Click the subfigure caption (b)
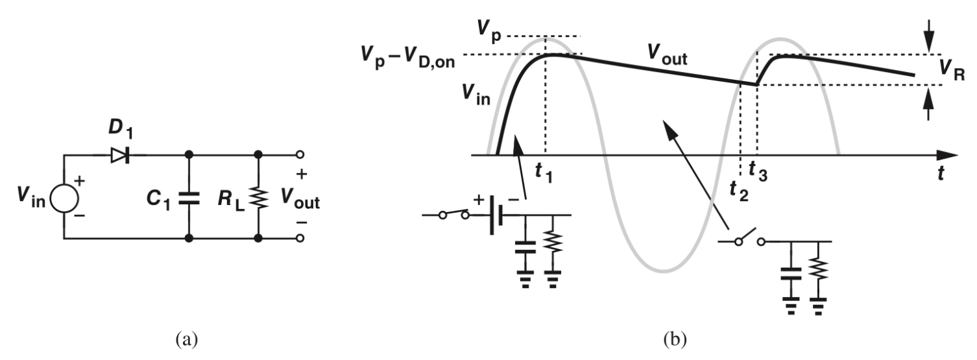coord(666,339)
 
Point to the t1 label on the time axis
coord(543,172)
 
